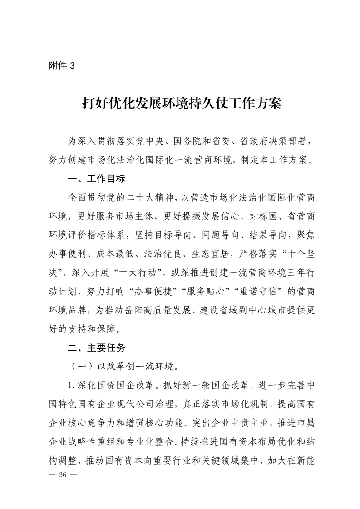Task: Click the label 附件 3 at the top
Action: (61, 65)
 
